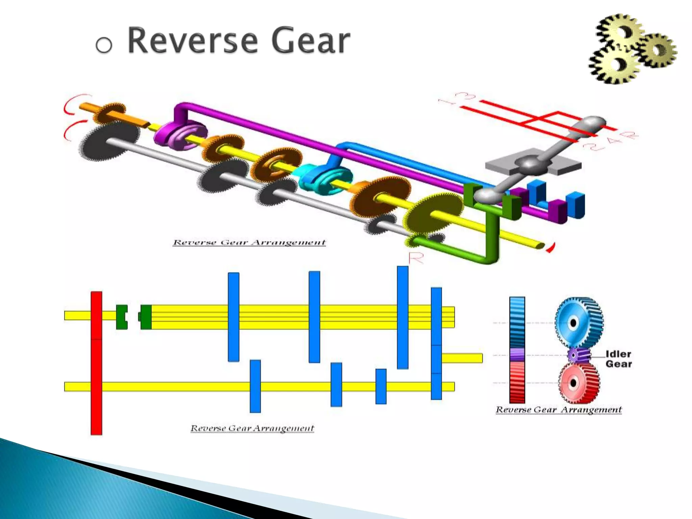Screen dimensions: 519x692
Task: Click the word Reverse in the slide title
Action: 192,41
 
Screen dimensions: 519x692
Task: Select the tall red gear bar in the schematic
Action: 96,363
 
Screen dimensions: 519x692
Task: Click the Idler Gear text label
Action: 618,359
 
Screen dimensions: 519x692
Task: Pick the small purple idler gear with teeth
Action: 578,355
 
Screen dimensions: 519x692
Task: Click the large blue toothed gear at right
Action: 578,322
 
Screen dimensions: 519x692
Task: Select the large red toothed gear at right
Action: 578,383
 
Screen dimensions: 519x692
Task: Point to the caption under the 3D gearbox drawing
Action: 249,243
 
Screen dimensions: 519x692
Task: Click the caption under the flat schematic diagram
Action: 252,428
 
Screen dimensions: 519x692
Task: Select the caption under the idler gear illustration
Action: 559,410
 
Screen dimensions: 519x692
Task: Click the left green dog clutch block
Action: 122,317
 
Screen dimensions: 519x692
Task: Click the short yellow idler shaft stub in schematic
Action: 462,358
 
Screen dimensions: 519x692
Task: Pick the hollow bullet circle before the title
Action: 104,45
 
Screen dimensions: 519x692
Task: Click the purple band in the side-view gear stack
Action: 517,355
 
